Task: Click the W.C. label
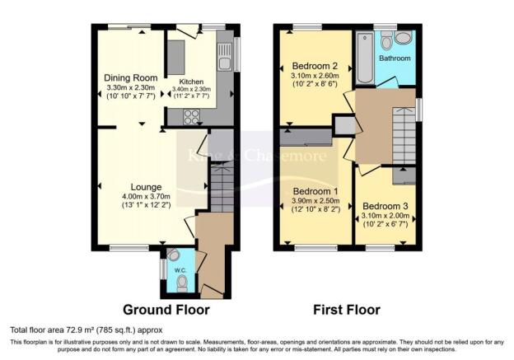pos(180,269)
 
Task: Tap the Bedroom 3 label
pos(385,206)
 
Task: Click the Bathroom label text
pos(394,59)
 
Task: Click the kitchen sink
pos(224,59)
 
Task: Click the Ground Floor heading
pos(166,311)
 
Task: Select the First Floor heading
pos(345,311)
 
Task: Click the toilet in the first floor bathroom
pos(403,38)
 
